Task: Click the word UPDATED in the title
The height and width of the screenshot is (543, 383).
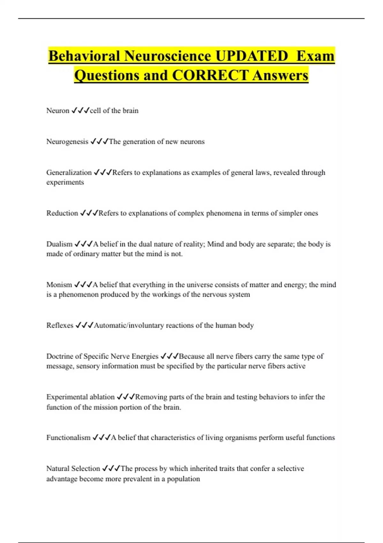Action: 252,56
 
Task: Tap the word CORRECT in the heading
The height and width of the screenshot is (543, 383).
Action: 210,75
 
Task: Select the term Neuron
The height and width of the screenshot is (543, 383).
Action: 58,111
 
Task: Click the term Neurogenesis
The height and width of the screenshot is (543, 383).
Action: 67,141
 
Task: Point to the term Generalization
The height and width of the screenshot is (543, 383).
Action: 69,172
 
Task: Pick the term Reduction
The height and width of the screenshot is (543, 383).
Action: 62,213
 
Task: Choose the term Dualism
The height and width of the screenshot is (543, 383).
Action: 59,244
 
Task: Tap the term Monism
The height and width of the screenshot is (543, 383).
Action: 59,285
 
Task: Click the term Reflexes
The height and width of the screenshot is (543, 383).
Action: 60,325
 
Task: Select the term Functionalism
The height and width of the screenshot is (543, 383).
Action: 68,437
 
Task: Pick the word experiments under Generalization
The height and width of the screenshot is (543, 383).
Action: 65,182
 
